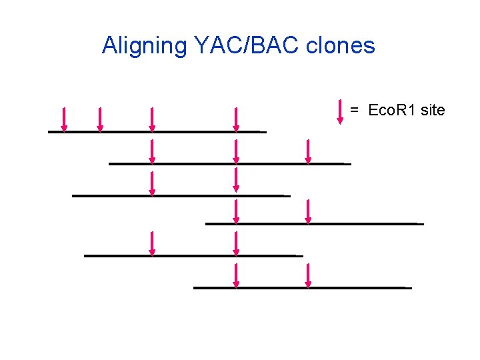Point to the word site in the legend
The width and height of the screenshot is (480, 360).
(433, 110)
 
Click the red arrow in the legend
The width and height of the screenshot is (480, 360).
(341, 111)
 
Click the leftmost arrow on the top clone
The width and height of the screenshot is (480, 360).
(64, 119)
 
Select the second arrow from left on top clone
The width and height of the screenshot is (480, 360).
(100, 119)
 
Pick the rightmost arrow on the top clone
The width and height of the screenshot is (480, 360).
(236, 119)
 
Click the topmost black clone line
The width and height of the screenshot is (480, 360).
(157, 132)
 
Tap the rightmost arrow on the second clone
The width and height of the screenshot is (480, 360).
(308, 151)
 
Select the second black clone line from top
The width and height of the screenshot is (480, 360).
(229, 163)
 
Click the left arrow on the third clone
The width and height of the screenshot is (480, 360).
(152, 183)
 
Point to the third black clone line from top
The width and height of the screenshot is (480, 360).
(181, 195)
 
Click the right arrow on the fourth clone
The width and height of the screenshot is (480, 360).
(308, 211)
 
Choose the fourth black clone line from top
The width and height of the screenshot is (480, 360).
(314, 223)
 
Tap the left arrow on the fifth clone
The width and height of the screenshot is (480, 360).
(152, 243)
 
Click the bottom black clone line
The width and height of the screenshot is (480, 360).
(302, 287)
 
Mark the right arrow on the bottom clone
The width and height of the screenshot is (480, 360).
(308, 275)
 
